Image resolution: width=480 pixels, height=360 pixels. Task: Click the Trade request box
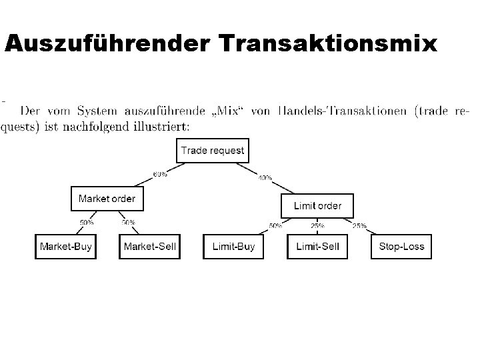pos(213,151)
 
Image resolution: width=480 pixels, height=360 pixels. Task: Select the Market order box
pos(107,199)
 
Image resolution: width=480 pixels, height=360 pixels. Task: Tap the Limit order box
pos(317,205)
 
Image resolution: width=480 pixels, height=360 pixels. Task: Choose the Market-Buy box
pos(65,247)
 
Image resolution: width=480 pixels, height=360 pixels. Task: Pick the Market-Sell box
pos(149,247)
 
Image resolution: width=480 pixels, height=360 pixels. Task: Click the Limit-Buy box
pos(233,247)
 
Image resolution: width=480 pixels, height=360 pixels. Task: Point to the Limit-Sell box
pos(317,247)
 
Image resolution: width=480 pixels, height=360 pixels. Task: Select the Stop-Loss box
pos(401,247)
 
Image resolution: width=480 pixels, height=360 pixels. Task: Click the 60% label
pos(161,175)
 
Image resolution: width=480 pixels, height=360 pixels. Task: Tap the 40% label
pos(265,178)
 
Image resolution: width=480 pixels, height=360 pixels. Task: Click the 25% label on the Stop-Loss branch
pos(359,226)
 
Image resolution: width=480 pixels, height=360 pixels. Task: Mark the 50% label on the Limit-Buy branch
pos(275,226)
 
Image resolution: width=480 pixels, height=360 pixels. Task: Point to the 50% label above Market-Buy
pos(87,222)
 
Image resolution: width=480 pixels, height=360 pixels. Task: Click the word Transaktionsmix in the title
pos(327,44)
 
